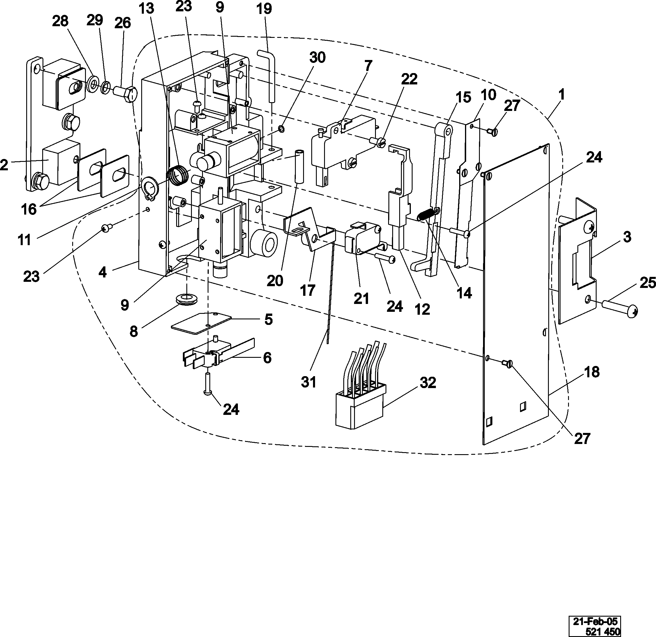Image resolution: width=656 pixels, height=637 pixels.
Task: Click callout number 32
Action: (428, 382)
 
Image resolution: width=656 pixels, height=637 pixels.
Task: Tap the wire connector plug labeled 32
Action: (361, 405)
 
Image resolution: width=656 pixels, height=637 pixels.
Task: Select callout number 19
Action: (264, 9)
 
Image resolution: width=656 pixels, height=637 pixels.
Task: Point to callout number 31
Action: (308, 382)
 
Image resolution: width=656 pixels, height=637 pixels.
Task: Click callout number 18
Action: (592, 372)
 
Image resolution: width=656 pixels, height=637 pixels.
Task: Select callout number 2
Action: (4, 165)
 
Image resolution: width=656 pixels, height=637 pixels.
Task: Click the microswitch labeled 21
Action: (363, 238)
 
